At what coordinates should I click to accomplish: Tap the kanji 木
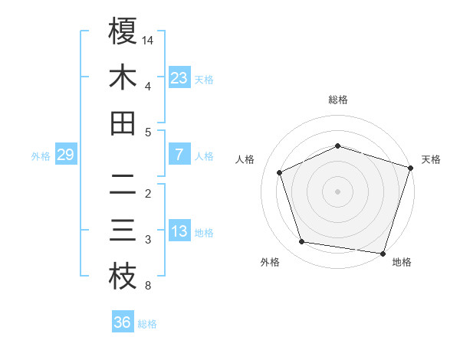click(x=123, y=77)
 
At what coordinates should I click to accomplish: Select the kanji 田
click(x=123, y=123)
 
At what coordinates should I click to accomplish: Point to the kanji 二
click(x=123, y=185)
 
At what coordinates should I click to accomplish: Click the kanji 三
click(x=123, y=231)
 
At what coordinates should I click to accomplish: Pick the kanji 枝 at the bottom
click(x=123, y=277)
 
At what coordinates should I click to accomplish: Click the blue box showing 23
click(x=179, y=77)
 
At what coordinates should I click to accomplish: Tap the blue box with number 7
click(x=179, y=155)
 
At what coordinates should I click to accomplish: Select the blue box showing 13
click(x=179, y=231)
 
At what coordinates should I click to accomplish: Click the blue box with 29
click(x=65, y=155)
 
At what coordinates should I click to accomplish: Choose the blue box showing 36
click(x=123, y=322)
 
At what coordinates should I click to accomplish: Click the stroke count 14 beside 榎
click(x=148, y=39)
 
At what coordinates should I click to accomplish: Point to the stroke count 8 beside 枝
click(x=147, y=286)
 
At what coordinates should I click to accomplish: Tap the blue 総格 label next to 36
click(x=147, y=324)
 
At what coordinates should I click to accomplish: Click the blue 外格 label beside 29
click(x=41, y=156)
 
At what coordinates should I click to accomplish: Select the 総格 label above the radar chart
click(x=338, y=100)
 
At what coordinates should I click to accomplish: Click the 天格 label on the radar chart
click(x=431, y=159)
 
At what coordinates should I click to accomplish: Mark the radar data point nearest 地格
click(x=383, y=253)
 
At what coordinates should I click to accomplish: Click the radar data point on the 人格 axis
click(x=280, y=172)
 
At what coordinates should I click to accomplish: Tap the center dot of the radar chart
click(x=338, y=191)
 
